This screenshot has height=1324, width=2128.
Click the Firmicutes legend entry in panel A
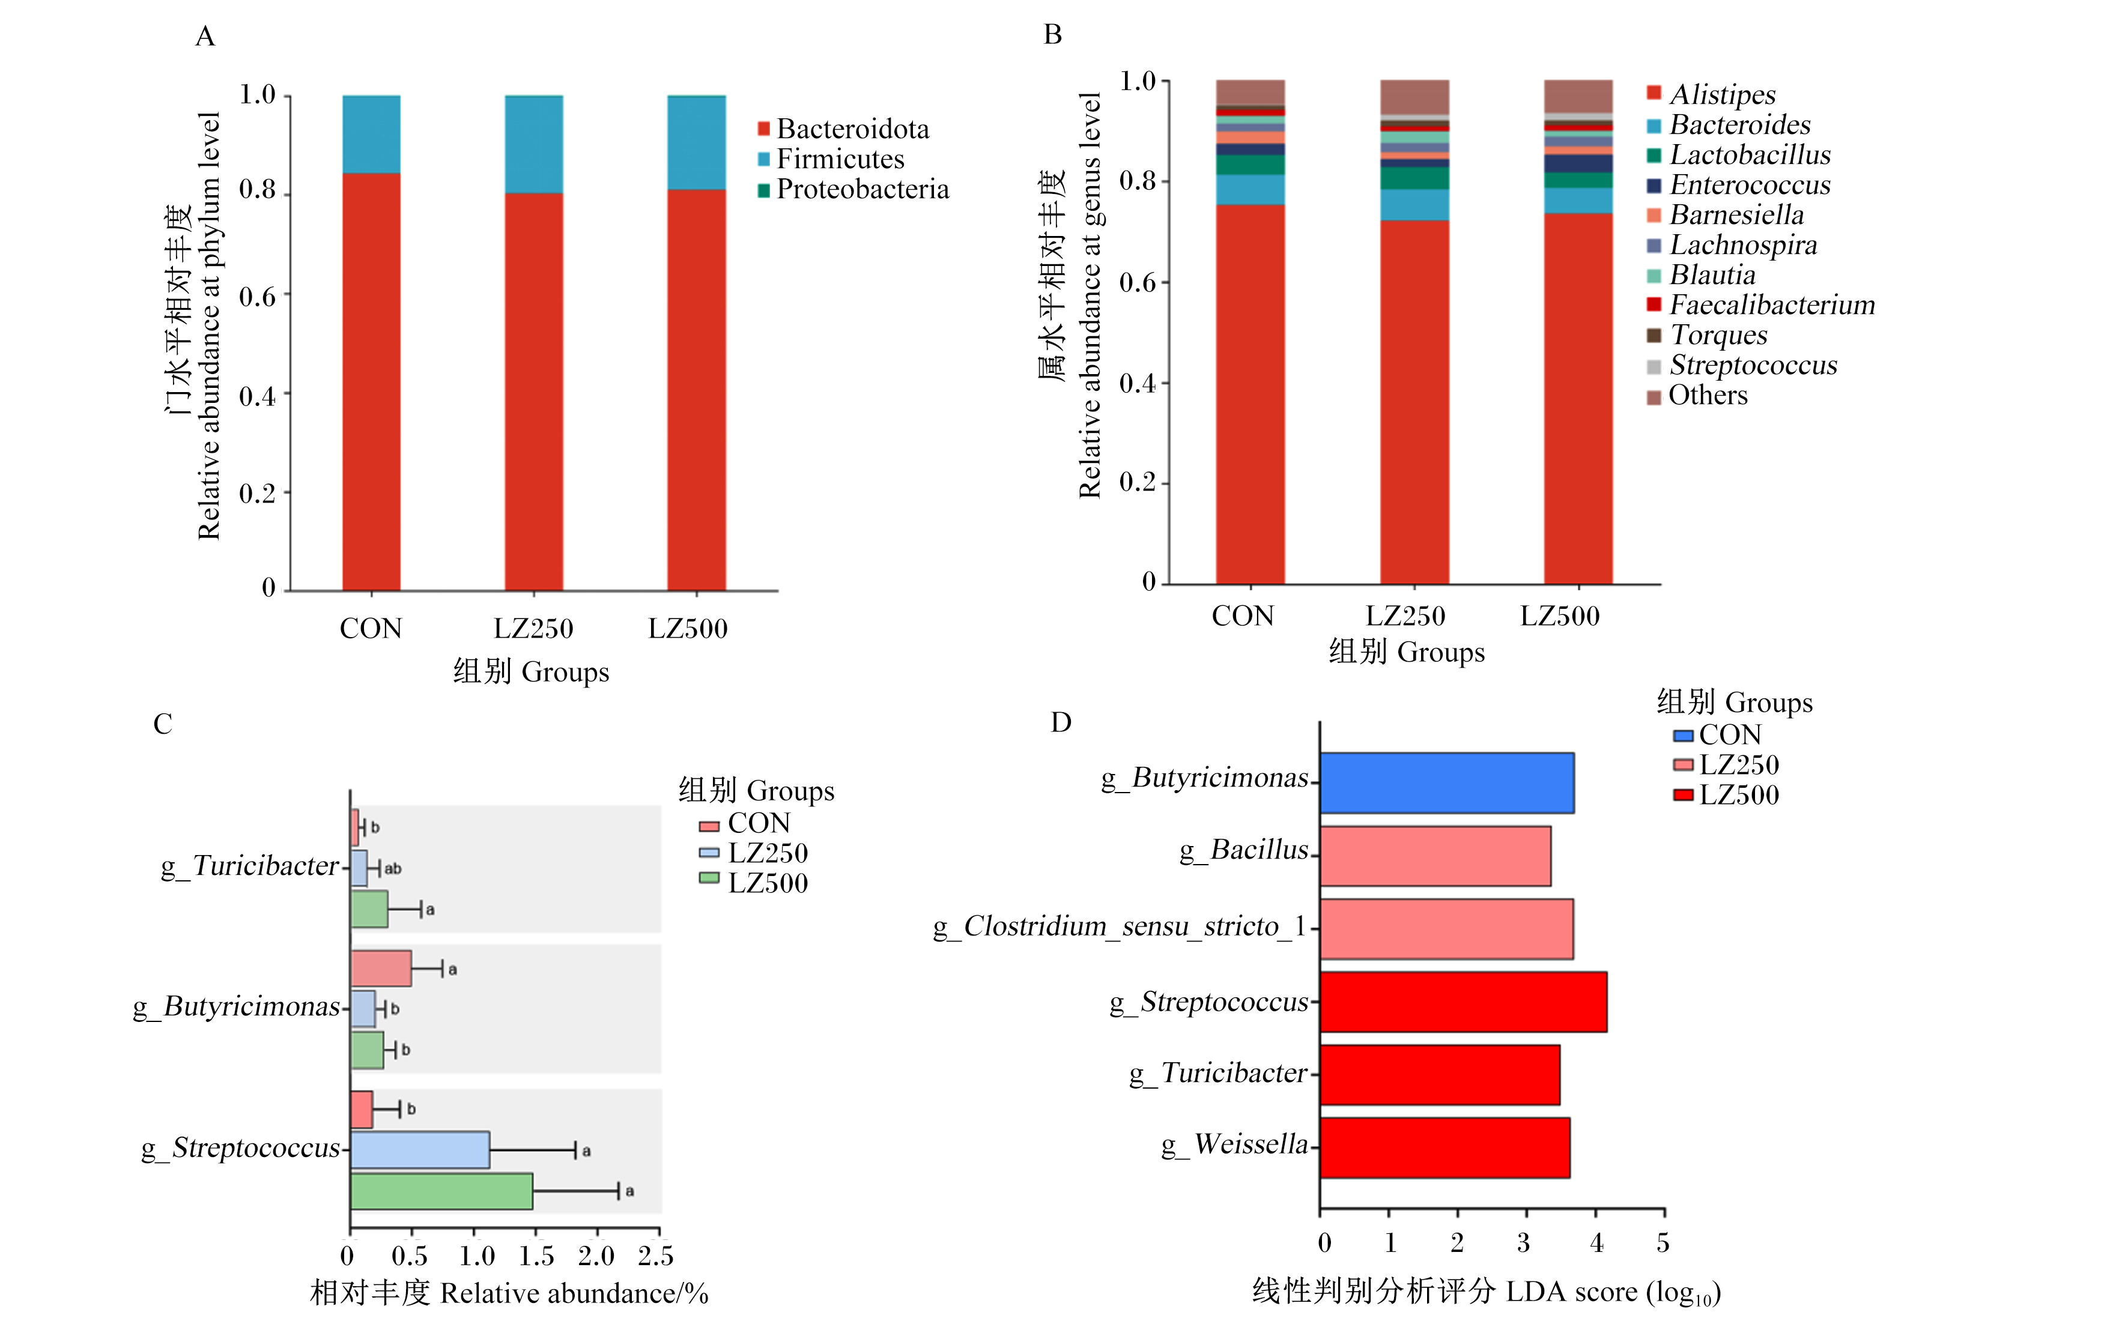coord(831,159)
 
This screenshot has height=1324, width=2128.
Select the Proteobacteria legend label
coord(862,189)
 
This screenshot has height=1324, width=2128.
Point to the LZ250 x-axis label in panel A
coord(533,628)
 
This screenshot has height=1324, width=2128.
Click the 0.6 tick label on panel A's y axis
coord(258,297)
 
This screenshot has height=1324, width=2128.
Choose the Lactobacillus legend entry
coord(1738,155)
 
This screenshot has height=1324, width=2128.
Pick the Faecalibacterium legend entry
coord(1760,305)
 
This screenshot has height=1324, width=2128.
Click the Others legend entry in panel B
coord(1697,395)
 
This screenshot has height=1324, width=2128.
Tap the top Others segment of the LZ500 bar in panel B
coord(1578,96)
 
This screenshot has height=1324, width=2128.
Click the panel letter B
coord(1053,35)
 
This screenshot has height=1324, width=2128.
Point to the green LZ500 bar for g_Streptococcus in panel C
coord(441,1191)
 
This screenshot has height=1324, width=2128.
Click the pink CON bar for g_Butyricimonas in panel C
coord(381,969)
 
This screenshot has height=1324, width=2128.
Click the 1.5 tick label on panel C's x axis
coord(536,1257)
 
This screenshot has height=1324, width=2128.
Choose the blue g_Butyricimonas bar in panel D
coord(1447,783)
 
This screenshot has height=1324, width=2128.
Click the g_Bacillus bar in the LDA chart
coord(1435,856)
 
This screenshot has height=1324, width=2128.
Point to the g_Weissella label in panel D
coord(1235,1144)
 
